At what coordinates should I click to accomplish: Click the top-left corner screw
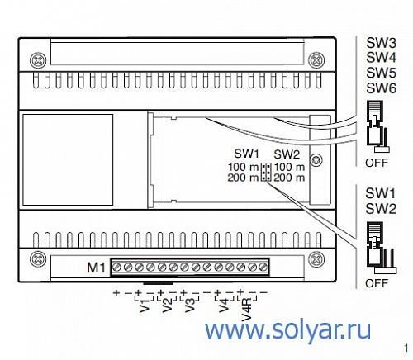pyautogui.click(x=38, y=60)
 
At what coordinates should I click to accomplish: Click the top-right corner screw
pyautogui.click(x=316, y=60)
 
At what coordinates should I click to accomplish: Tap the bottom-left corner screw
pyautogui.click(x=38, y=259)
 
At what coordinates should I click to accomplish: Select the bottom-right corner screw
pyautogui.click(x=316, y=259)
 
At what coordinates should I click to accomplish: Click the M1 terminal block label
pyautogui.click(x=96, y=268)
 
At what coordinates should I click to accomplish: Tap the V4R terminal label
pyautogui.click(x=247, y=309)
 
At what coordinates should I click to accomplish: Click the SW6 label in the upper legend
pyautogui.click(x=381, y=88)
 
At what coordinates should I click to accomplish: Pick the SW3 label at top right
pyautogui.click(x=381, y=43)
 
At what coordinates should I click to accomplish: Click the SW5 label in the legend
pyautogui.click(x=381, y=73)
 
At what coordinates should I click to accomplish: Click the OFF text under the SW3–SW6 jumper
pyautogui.click(x=377, y=163)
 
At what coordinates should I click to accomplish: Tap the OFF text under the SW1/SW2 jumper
pyautogui.click(x=377, y=283)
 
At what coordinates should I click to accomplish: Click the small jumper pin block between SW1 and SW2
pyautogui.click(x=266, y=172)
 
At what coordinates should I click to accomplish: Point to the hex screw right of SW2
pyautogui.click(x=316, y=159)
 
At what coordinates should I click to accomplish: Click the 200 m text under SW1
pyautogui.click(x=243, y=178)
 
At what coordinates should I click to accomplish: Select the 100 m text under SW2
pyautogui.click(x=289, y=167)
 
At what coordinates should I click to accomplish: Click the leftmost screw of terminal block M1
pyautogui.click(x=116, y=267)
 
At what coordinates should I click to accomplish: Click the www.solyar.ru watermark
pyautogui.click(x=287, y=330)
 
